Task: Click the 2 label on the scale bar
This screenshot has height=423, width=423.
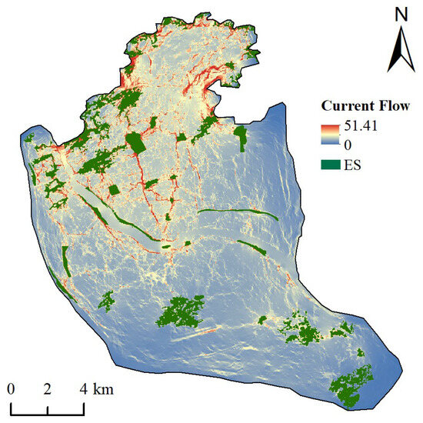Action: pyautogui.click(x=48, y=388)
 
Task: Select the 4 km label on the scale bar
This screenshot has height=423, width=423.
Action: pyautogui.click(x=97, y=388)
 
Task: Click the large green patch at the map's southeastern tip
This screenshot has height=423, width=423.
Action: pyautogui.click(x=351, y=386)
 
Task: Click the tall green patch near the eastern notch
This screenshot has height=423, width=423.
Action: pyautogui.click(x=241, y=138)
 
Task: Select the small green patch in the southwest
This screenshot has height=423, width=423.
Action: pyautogui.click(x=106, y=300)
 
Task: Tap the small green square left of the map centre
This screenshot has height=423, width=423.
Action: pyautogui.click(x=115, y=191)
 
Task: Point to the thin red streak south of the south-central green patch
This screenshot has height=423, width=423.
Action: pyautogui.click(x=192, y=335)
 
